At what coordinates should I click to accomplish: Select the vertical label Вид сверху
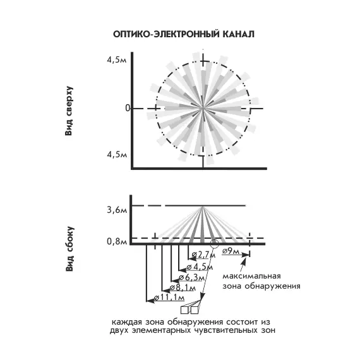pyautogui.click(x=69, y=111)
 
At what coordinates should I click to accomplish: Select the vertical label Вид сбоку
pyautogui.click(x=69, y=249)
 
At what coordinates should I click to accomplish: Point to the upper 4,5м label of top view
pyautogui.click(x=117, y=60)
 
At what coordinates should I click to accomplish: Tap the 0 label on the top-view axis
pyautogui.click(x=128, y=108)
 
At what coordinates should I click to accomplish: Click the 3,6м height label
pyautogui.click(x=117, y=210)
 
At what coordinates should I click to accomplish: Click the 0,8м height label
pyautogui.click(x=117, y=241)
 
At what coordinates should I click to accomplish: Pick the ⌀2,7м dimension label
pyautogui.click(x=203, y=255)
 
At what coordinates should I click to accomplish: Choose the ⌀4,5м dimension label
pyautogui.click(x=200, y=267)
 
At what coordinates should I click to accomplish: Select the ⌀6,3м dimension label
pyautogui.click(x=192, y=277)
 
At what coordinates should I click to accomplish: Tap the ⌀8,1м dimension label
pyautogui.click(x=183, y=287)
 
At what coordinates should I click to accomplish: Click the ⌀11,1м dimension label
pyautogui.click(x=169, y=297)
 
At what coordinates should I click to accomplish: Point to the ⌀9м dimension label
pyautogui.click(x=231, y=251)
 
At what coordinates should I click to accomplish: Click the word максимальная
pyautogui.click(x=251, y=276)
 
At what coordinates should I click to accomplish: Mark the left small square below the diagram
pyautogui.click(x=184, y=310)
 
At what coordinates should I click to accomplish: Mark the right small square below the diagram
pyautogui.click(x=195, y=310)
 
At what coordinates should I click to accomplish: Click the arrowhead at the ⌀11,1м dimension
pyautogui.click(x=150, y=301)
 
